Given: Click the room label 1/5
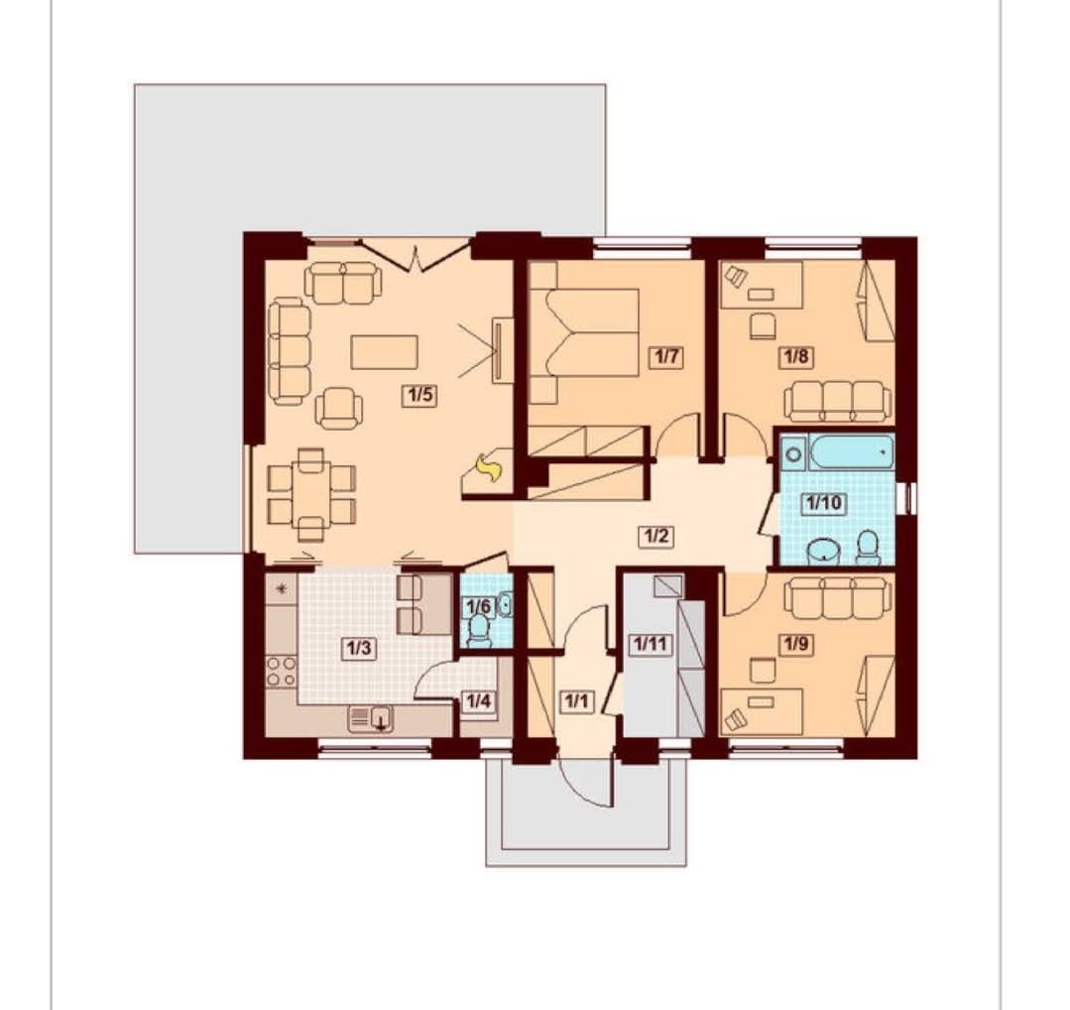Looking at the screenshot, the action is pyautogui.click(x=419, y=396).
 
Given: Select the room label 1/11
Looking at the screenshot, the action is pyautogui.click(x=651, y=643).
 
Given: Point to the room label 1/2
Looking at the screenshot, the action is pyautogui.click(x=655, y=536).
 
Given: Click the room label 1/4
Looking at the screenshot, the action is pyautogui.click(x=478, y=700).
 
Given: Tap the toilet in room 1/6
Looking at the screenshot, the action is pyautogui.click(x=480, y=630).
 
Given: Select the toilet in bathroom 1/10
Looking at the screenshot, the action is pyautogui.click(x=868, y=549).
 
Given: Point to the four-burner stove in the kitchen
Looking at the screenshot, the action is pyautogui.click(x=282, y=672).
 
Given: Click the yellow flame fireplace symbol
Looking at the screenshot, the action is pyautogui.click(x=489, y=469).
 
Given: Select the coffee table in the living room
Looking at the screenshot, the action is pyautogui.click(x=384, y=351).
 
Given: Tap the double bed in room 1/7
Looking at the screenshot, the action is pyautogui.click(x=584, y=332).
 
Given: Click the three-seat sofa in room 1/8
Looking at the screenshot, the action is pyautogui.click(x=837, y=402).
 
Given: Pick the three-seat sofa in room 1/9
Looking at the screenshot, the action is pyautogui.click(x=837, y=597).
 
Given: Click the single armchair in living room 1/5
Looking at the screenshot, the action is pyautogui.click(x=338, y=408).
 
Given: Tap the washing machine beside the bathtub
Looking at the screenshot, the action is pyautogui.click(x=793, y=452).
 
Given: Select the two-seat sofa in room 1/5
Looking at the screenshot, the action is pyautogui.click(x=342, y=284).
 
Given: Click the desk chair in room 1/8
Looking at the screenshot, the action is pyautogui.click(x=763, y=325).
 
